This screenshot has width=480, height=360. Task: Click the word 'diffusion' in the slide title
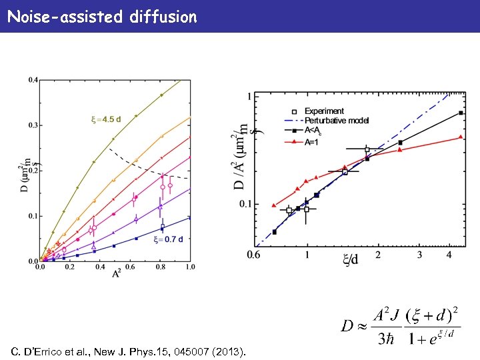point(165,17)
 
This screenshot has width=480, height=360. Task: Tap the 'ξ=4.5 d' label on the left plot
point(106,120)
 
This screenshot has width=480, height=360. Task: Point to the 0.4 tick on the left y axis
point(33,81)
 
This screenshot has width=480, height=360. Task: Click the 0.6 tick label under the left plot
point(130,267)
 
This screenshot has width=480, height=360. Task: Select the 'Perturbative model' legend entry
point(336,120)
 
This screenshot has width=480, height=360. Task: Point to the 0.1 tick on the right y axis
point(249,204)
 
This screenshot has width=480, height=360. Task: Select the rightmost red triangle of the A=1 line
point(461,137)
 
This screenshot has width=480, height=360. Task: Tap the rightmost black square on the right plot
point(461,113)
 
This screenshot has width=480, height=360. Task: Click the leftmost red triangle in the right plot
point(274,205)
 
